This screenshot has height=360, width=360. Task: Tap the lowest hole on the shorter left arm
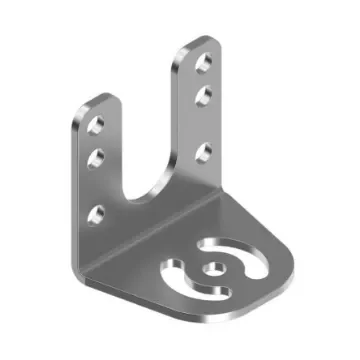(98, 213)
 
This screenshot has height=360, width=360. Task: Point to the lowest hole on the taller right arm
(203, 152)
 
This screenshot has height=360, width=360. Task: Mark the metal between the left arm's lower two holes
(99, 186)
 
